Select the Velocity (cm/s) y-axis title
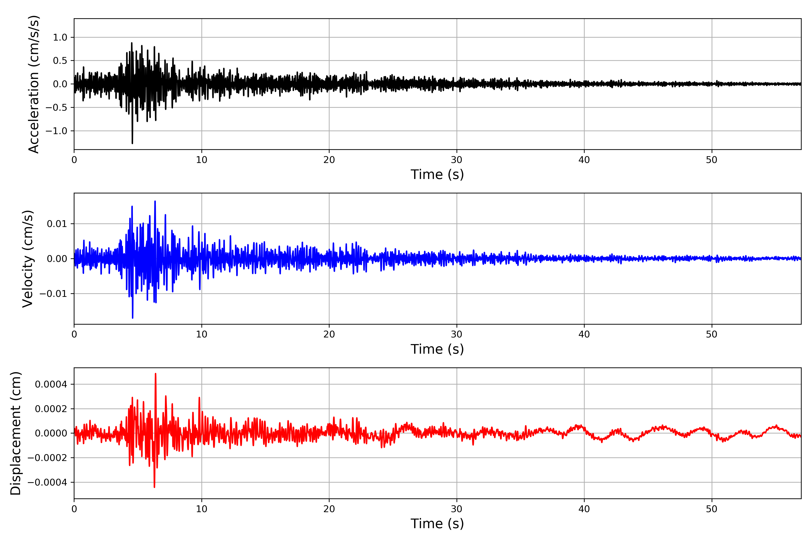(28, 259)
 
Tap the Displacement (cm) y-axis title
(16, 433)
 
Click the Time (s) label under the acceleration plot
(437, 174)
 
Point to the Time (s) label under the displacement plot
(437, 524)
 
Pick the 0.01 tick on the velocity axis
(57, 224)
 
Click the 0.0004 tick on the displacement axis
(51, 384)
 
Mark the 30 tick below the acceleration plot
(456, 160)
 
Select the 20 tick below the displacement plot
(329, 509)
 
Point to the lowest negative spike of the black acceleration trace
(132, 143)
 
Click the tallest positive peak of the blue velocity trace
(155, 201)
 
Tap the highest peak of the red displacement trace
(155, 374)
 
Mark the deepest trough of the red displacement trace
(154, 487)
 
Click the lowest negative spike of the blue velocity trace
(133, 318)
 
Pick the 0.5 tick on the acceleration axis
(60, 61)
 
